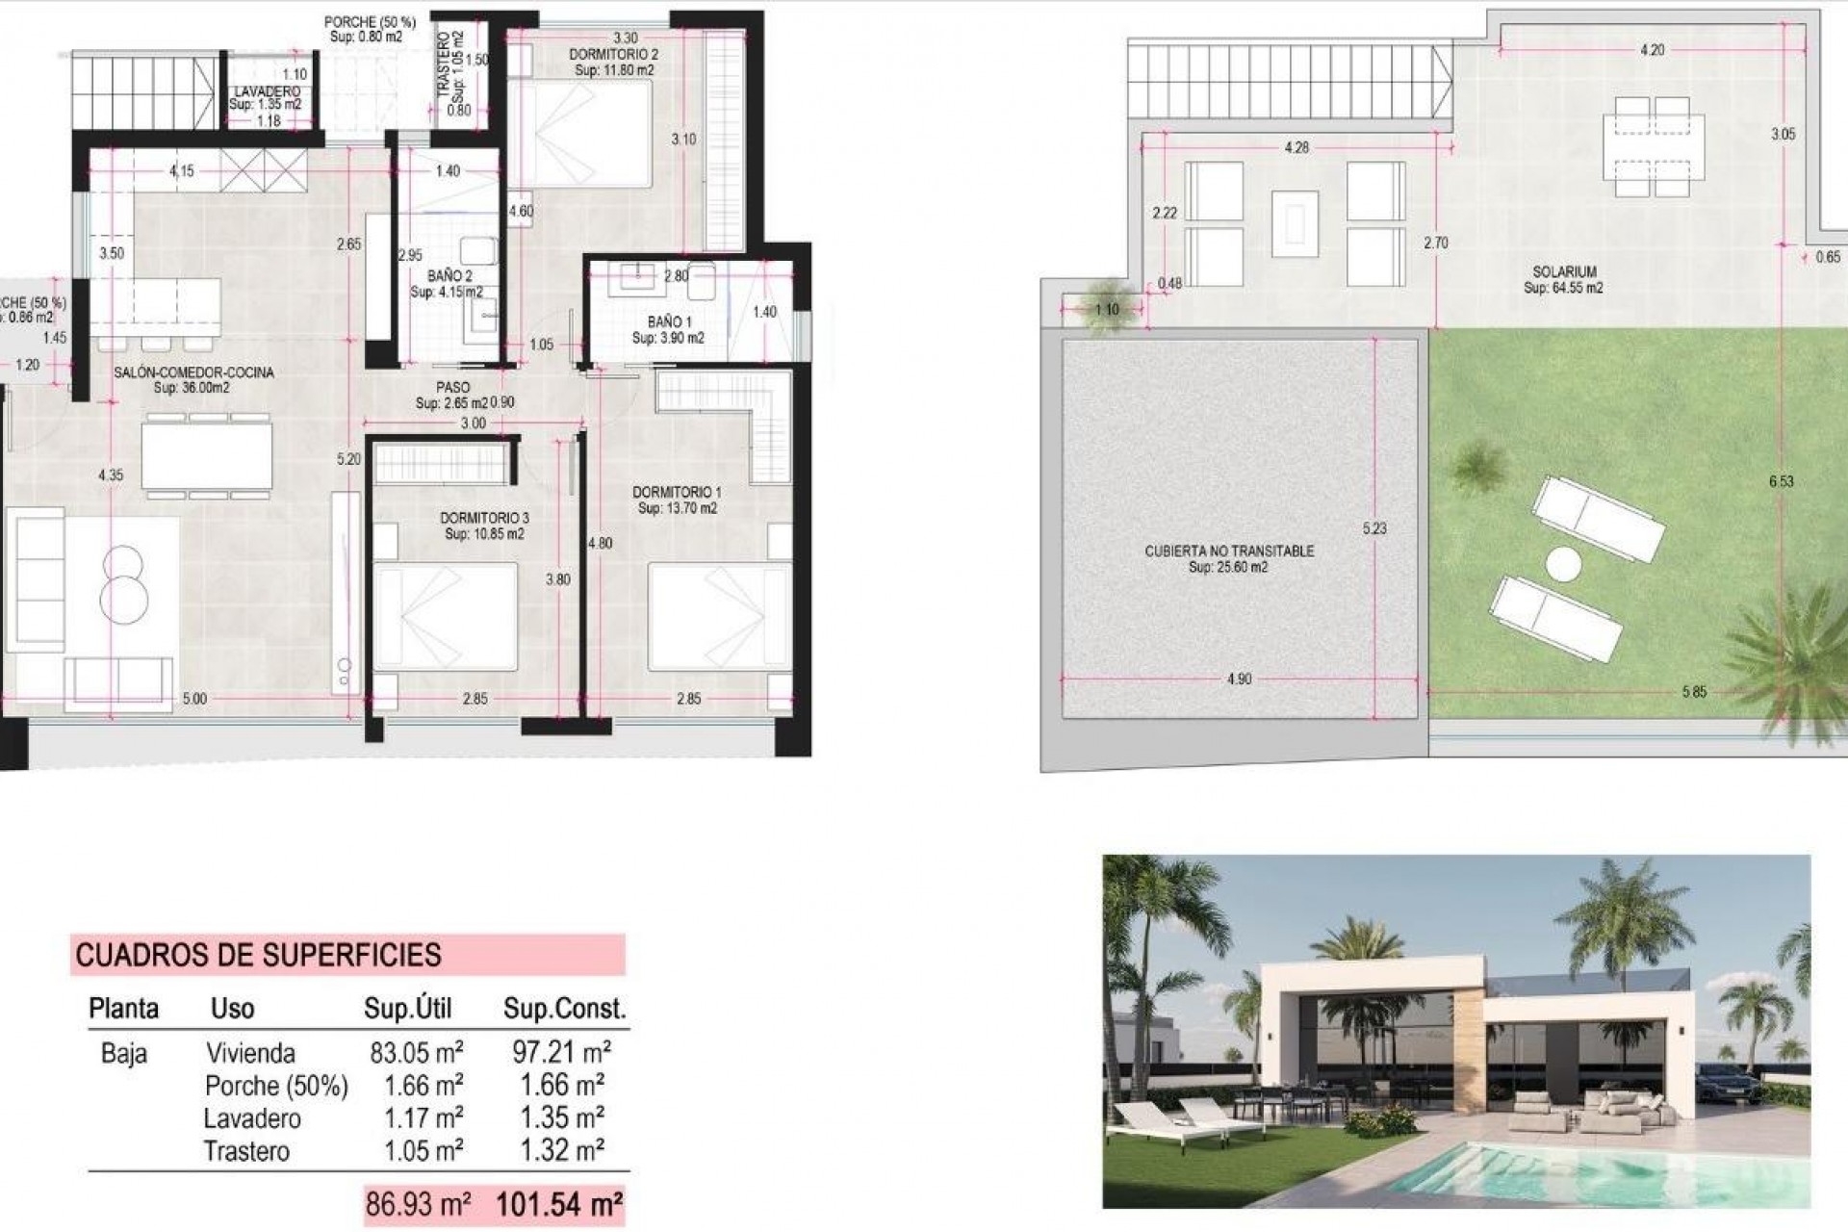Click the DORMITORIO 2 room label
(x=614, y=56)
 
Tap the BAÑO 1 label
(x=669, y=321)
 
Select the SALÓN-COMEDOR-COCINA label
(x=193, y=372)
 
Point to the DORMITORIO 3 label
(x=484, y=518)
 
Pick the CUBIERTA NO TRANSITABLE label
(x=1229, y=552)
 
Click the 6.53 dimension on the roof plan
(x=1781, y=481)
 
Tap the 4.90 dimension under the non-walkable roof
(x=1240, y=680)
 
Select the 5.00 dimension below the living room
(x=194, y=699)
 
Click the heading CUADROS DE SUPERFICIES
(x=259, y=955)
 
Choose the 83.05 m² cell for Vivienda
(x=417, y=1052)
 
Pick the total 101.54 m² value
(x=559, y=1204)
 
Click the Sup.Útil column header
(x=407, y=1009)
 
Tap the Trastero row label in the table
(x=246, y=1151)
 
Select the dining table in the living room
(x=207, y=456)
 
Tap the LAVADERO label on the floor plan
(x=266, y=91)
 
